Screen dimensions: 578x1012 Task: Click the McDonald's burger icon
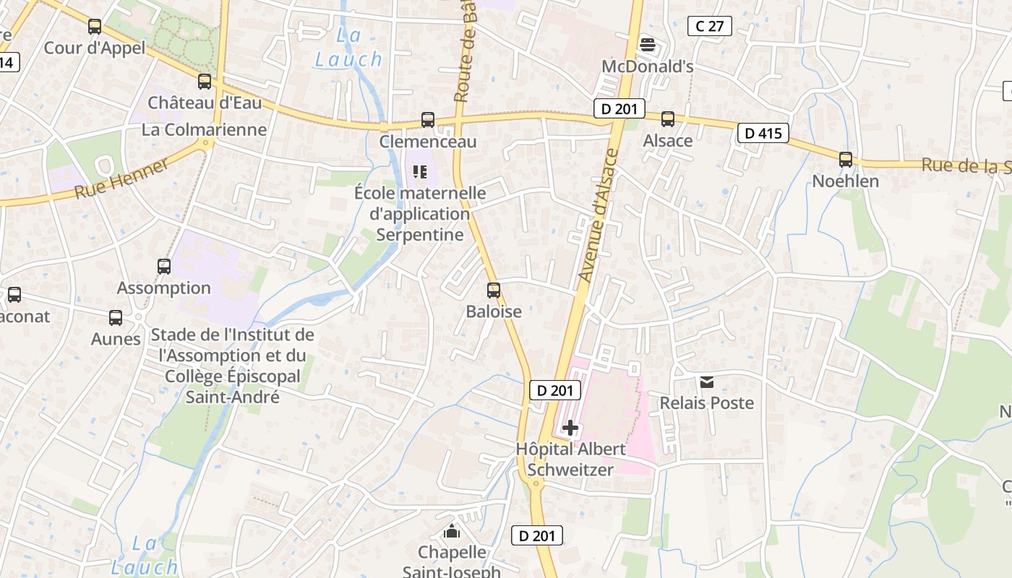647,45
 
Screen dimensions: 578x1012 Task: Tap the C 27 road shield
709,27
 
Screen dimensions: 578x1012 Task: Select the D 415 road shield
763,133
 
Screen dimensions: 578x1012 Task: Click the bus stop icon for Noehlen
845,160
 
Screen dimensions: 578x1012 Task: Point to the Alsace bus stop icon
667,119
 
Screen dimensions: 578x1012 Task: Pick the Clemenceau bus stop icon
428,120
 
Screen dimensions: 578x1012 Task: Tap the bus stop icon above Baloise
494,290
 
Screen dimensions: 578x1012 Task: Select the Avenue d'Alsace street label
599,215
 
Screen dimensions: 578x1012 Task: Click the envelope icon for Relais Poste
706,382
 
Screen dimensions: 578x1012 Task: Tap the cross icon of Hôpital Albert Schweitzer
570,428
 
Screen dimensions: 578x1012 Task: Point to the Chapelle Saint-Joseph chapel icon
452,532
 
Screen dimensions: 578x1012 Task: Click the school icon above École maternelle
420,172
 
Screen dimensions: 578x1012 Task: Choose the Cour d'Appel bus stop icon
95,27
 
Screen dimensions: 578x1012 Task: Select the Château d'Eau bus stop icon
205,82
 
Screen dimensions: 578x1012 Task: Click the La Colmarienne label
205,130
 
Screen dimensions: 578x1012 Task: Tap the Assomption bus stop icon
164,267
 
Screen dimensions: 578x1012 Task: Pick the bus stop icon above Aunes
116,318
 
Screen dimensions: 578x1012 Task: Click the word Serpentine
420,235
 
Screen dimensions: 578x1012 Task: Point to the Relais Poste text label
706,403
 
